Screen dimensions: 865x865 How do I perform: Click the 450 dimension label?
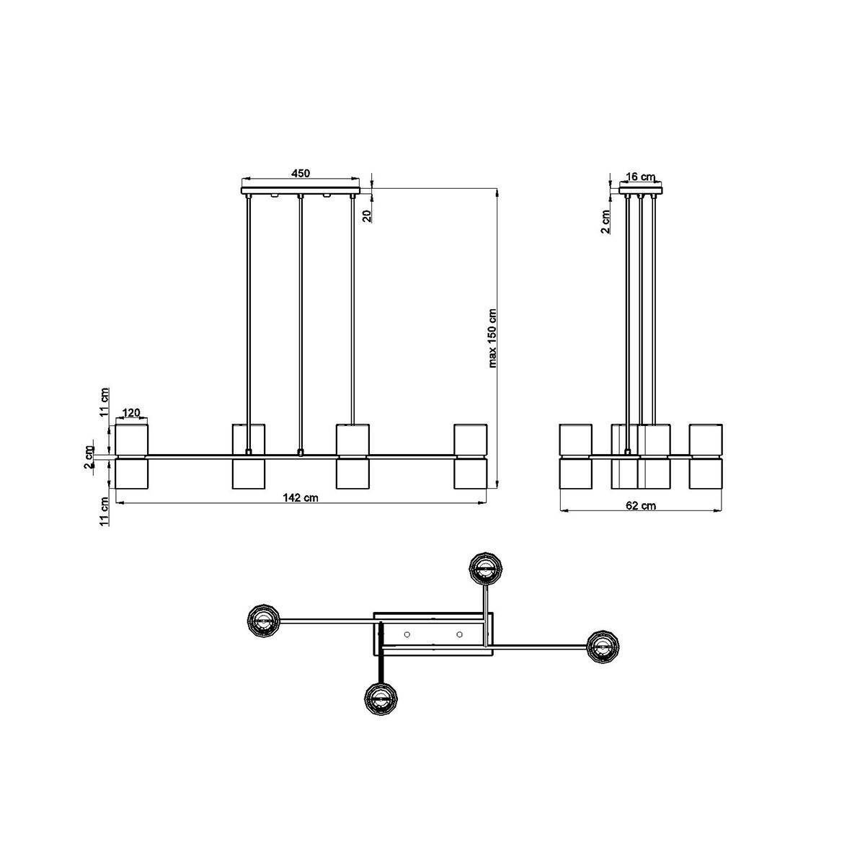(x=301, y=173)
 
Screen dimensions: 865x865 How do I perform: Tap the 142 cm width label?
(x=301, y=497)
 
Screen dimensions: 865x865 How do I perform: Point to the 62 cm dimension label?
(x=641, y=505)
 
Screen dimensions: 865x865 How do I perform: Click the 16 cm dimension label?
(x=641, y=177)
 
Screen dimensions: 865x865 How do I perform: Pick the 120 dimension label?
(x=131, y=412)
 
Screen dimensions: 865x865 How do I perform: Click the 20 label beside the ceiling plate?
(x=367, y=216)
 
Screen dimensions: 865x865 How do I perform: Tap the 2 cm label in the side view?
(x=605, y=222)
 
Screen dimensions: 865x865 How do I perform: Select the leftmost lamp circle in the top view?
(x=264, y=621)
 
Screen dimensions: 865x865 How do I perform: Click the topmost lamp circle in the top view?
(x=485, y=569)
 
